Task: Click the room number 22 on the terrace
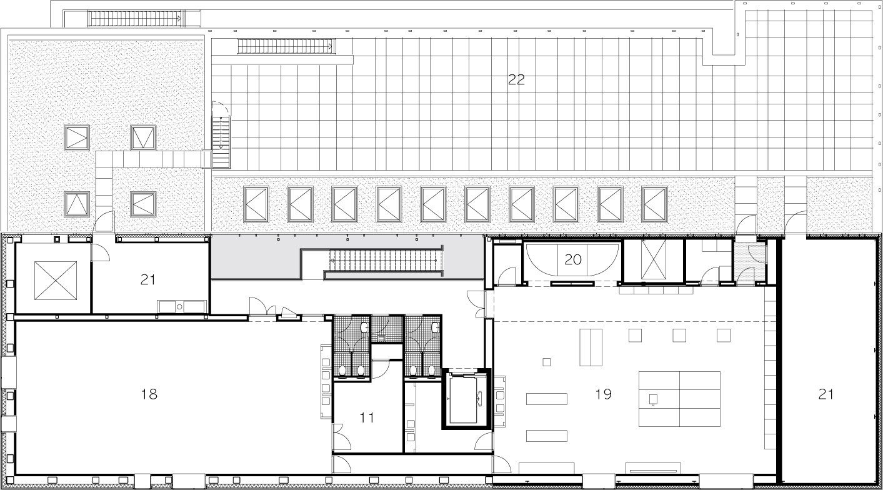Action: point(516,79)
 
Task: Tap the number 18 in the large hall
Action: point(149,394)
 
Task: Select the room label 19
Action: point(603,394)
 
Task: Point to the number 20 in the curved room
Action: point(573,259)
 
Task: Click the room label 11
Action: point(367,417)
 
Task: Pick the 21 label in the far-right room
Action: point(826,394)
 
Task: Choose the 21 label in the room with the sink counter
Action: point(148,279)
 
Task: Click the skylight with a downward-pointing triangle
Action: point(143,137)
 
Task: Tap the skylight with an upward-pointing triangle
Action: point(77,204)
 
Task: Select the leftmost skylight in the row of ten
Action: point(256,204)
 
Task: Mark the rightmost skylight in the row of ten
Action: point(655,204)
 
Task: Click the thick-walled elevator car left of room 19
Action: point(466,399)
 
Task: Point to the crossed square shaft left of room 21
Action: point(56,280)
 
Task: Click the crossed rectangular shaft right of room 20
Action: point(654,259)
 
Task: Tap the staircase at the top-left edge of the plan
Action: point(134,19)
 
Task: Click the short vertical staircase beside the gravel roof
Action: point(221,142)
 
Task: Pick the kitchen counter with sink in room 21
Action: point(182,306)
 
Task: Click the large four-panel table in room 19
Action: point(680,399)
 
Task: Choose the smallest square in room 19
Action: point(546,362)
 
